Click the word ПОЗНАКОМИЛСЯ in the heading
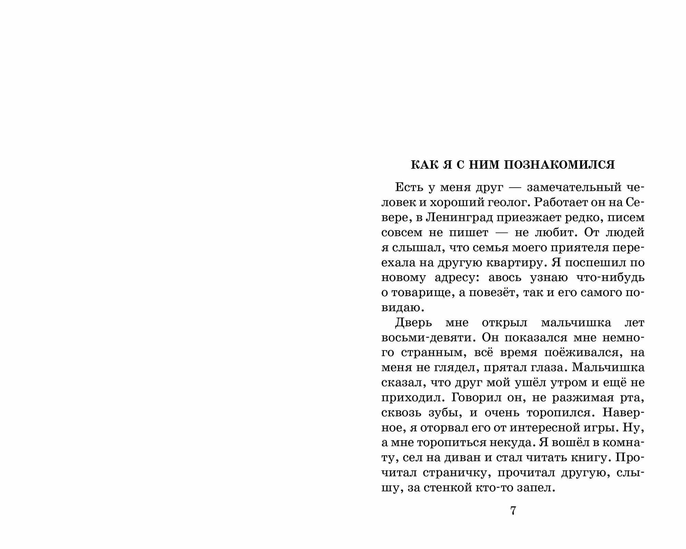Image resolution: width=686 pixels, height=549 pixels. tap(560, 165)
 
